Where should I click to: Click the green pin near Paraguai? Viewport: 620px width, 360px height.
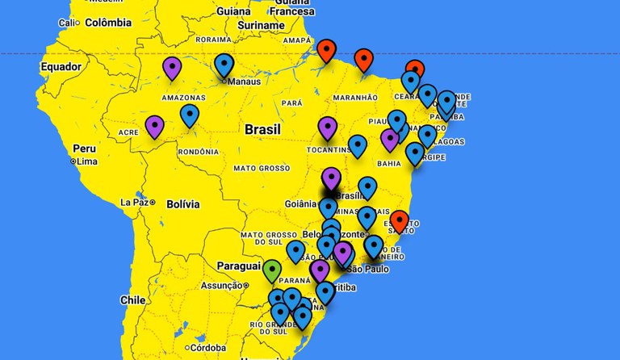click(x=272, y=270)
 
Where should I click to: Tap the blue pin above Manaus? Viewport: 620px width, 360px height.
click(x=224, y=64)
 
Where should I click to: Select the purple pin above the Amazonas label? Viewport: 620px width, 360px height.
click(x=172, y=67)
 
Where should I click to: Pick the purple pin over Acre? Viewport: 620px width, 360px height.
click(x=154, y=126)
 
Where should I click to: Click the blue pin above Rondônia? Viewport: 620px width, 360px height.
click(x=190, y=115)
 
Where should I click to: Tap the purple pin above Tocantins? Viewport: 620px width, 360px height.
click(x=327, y=127)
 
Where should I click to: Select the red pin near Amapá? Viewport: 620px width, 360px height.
click(x=326, y=49)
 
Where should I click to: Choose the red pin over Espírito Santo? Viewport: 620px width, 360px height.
click(x=400, y=220)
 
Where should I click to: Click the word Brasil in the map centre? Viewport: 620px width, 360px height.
click(x=263, y=129)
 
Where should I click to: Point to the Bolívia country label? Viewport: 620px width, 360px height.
click(x=182, y=204)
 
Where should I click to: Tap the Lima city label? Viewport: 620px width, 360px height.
click(x=87, y=161)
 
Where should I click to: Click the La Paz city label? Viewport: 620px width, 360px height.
click(x=134, y=202)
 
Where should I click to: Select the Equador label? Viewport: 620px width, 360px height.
click(x=61, y=66)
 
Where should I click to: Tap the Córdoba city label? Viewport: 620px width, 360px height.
click(x=209, y=348)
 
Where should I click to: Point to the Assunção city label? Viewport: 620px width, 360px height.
click(x=221, y=285)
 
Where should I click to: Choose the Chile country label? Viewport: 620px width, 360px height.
click(x=133, y=299)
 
